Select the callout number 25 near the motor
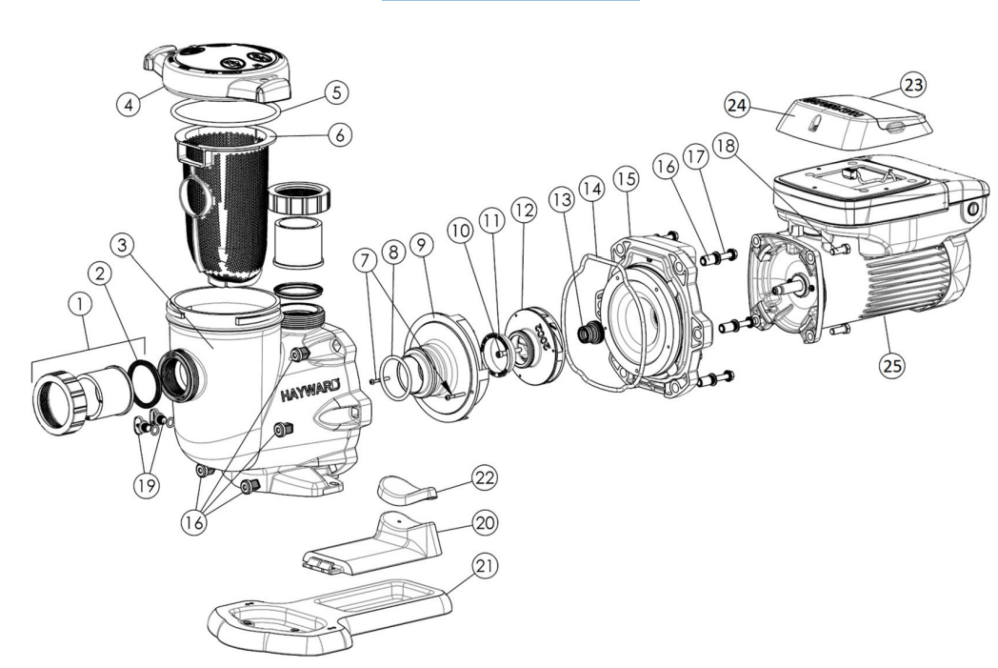point(893,364)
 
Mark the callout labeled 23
point(914,86)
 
